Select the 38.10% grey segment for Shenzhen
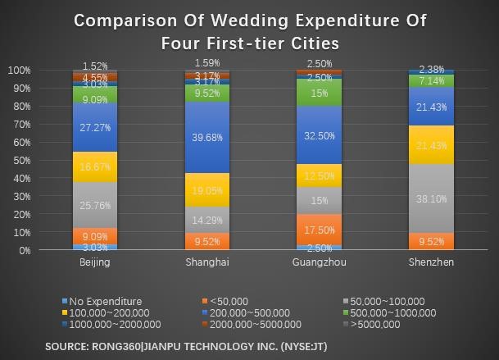[431, 198]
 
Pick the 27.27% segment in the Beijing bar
[95, 128]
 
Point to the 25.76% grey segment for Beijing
[95, 205]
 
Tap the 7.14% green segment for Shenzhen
[431, 81]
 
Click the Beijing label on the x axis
[95, 262]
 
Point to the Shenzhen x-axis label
[431, 262]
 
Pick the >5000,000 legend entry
[379, 324]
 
